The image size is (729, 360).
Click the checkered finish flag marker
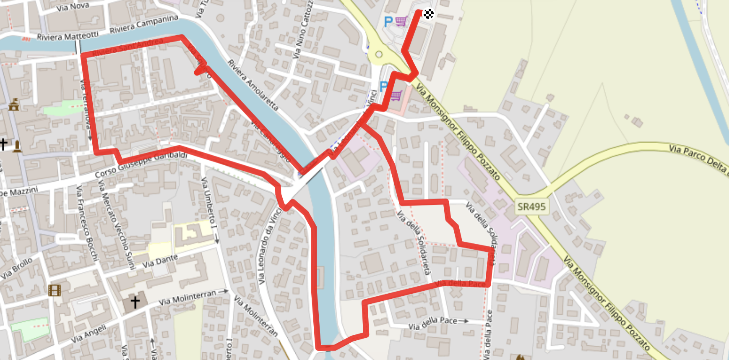[428, 14]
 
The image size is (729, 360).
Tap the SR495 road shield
[531, 206]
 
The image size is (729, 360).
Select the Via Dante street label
[160, 261]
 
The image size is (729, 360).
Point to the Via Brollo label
[16, 268]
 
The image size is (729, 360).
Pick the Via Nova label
[73, 7]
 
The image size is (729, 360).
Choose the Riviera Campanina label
[144, 24]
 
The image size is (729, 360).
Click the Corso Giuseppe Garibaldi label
[141, 164]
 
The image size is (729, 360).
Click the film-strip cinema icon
[55, 290]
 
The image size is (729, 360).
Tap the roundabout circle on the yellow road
[379, 55]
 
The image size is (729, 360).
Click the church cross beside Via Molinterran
[135, 302]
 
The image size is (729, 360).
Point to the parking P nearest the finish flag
[388, 21]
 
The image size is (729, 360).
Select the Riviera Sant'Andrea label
[128, 47]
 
